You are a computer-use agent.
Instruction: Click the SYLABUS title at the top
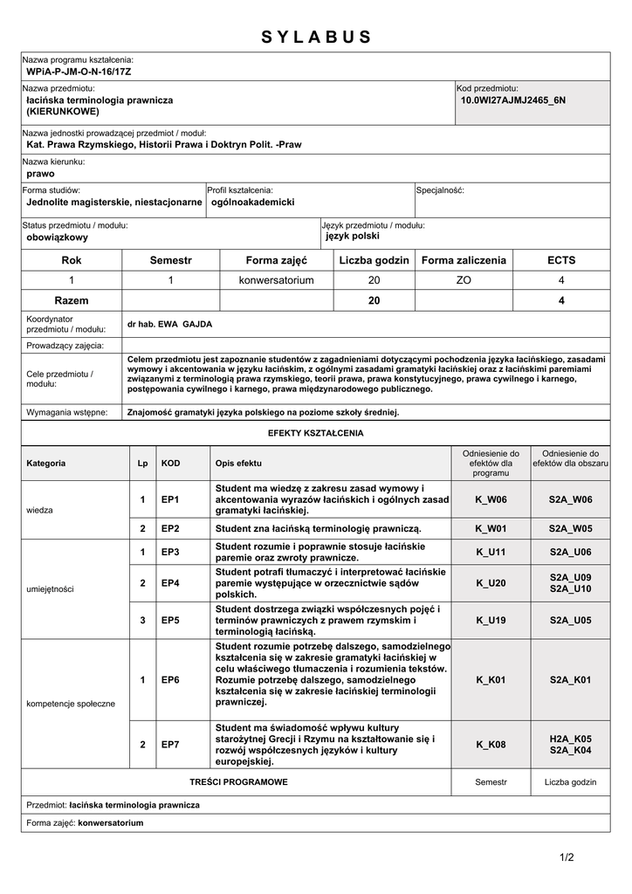pyautogui.click(x=316, y=37)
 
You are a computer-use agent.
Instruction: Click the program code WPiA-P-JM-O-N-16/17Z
pyautogui.click(x=79, y=72)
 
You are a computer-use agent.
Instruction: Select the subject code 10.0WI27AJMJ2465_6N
pyautogui.click(x=513, y=100)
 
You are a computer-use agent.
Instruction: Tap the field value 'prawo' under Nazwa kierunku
pyautogui.click(x=41, y=174)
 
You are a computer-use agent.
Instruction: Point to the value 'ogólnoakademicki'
pyautogui.click(x=253, y=202)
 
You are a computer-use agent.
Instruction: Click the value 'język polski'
pyautogui.click(x=353, y=236)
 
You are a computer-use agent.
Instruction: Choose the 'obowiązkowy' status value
pyautogui.click(x=58, y=237)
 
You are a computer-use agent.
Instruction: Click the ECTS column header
pyautogui.click(x=561, y=260)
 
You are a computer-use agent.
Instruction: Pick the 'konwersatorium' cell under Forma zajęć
pyautogui.click(x=276, y=280)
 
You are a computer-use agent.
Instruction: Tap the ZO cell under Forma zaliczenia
pyautogui.click(x=464, y=280)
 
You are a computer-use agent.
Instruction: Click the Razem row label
pyautogui.click(x=72, y=300)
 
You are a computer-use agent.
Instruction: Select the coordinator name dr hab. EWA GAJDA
pyautogui.click(x=169, y=324)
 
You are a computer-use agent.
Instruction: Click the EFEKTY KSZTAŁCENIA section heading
pyautogui.click(x=316, y=433)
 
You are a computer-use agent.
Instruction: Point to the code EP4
pyautogui.click(x=170, y=582)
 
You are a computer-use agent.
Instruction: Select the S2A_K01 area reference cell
pyautogui.click(x=570, y=679)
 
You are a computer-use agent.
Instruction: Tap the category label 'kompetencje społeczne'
pyautogui.click(x=71, y=704)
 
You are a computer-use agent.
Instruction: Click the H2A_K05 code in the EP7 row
pyautogui.click(x=570, y=739)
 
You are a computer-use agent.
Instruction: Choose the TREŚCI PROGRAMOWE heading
pyautogui.click(x=238, y=782)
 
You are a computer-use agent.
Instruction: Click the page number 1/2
pyautogui.click(x=567, y=856)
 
